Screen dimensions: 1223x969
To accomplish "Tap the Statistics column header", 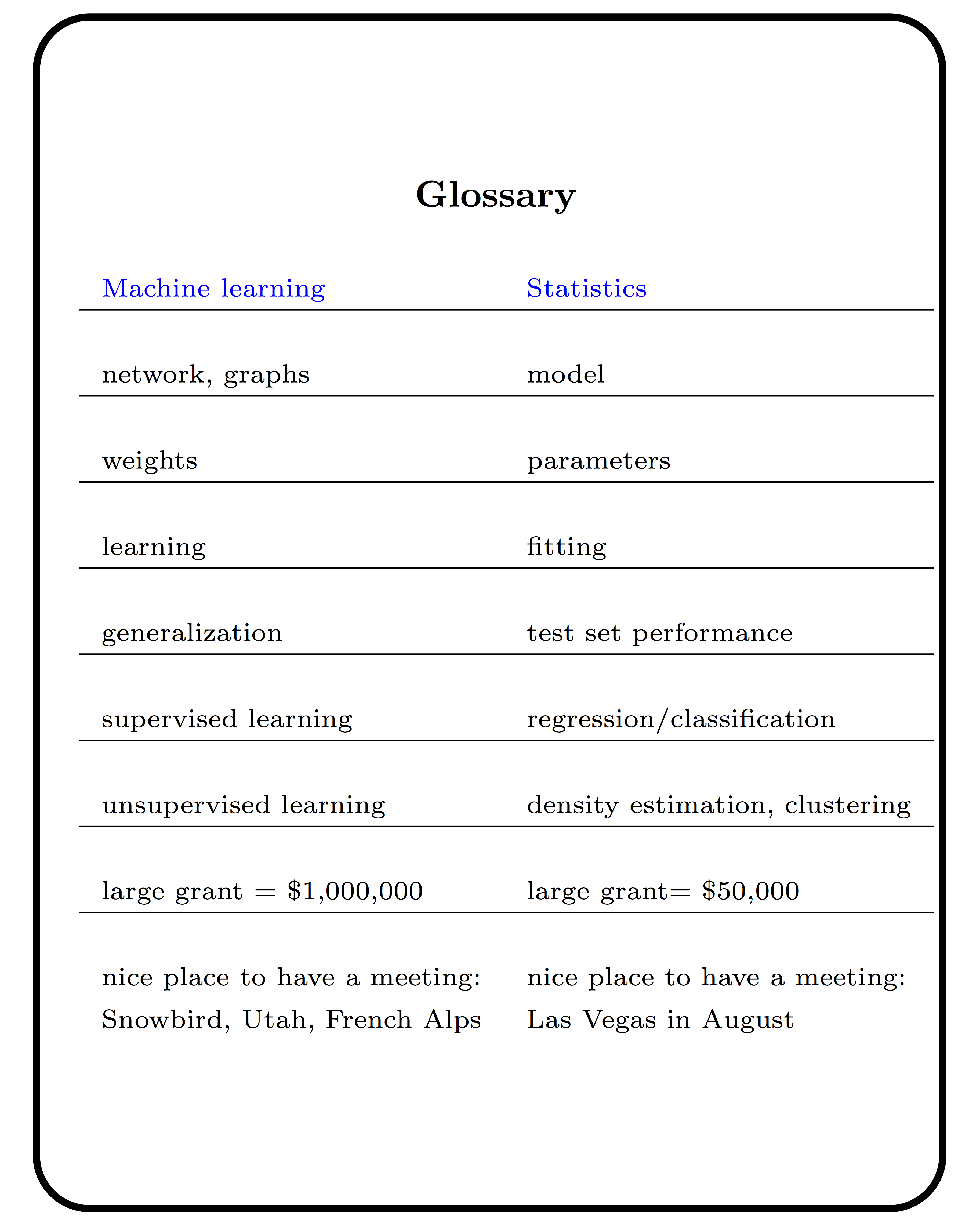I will [587, 289].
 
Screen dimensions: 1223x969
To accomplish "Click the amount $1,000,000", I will [355, 891].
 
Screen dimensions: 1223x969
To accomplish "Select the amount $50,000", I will [750, 891].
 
